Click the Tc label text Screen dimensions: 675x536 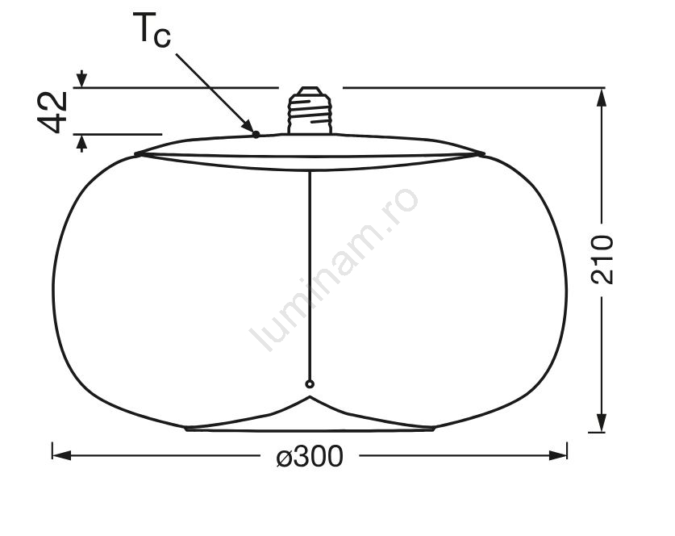click(152, 29)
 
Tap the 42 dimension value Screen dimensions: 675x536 click(53, 112)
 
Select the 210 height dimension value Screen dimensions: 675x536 click(602, 259)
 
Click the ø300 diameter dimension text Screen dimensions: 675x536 click(310, 456)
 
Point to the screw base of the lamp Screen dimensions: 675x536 click(310, 111)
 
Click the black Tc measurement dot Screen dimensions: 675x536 click(256, 135)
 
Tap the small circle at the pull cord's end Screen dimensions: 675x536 click(310, 384)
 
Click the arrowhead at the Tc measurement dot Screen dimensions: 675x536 click(248, 126)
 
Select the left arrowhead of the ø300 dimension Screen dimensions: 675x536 click(61, 455)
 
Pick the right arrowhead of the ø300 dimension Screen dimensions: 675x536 click(557, 455)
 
